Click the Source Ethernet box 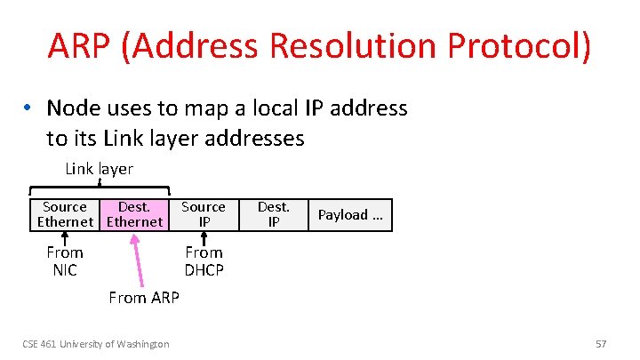click(x=65, y=214)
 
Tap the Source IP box click(x=204, y=214)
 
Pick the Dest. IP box click(x=273, y=214)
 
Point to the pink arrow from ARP click(x=141, y=258)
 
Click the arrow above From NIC click(x=65, y=237)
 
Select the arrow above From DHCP click(x=204, y=237)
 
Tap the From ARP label click(x=143, y=298)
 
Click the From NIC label click(x=65, y=261)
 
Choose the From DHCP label click(x=204, y=261)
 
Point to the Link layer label click(x=99, y=169)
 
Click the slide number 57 click(x=600, y=343)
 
